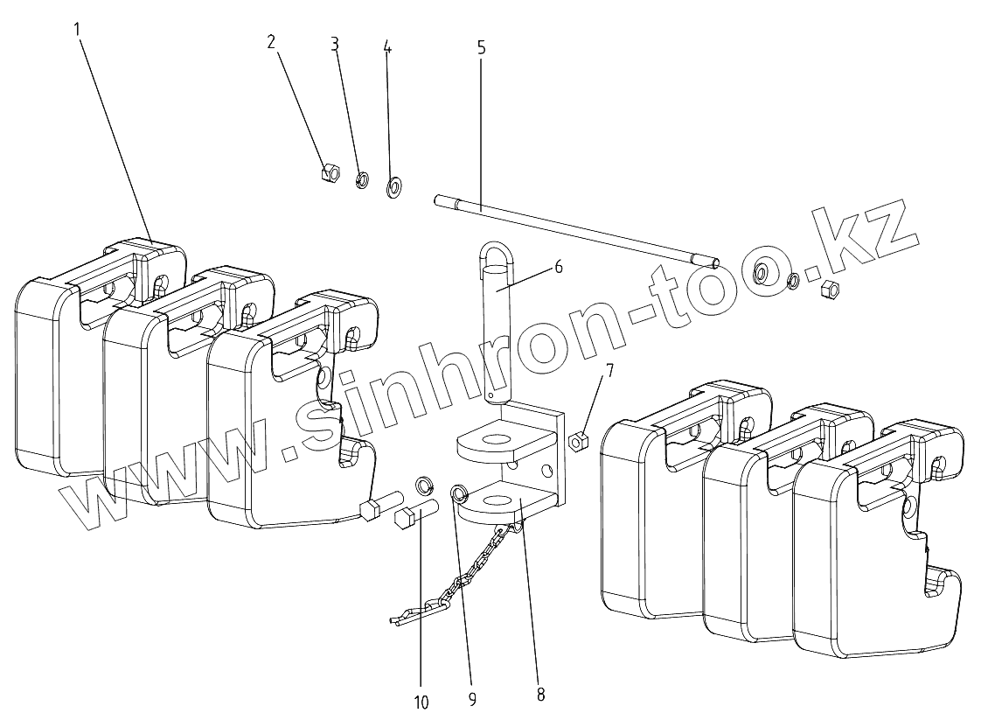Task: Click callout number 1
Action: point(77,28)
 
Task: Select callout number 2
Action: point(271,42)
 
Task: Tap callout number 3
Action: point(335,45)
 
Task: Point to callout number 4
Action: point(387,48)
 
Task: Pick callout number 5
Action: point(482,47)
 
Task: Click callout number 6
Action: point(558,268)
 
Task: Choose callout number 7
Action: point(609,370)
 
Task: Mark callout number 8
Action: point(540,695)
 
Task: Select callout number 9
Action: point(472,698)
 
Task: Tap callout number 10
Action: point(421,702)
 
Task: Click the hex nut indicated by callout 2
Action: point(330,172)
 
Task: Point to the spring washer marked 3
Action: point(360,181)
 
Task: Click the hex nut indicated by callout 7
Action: point(577,441)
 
